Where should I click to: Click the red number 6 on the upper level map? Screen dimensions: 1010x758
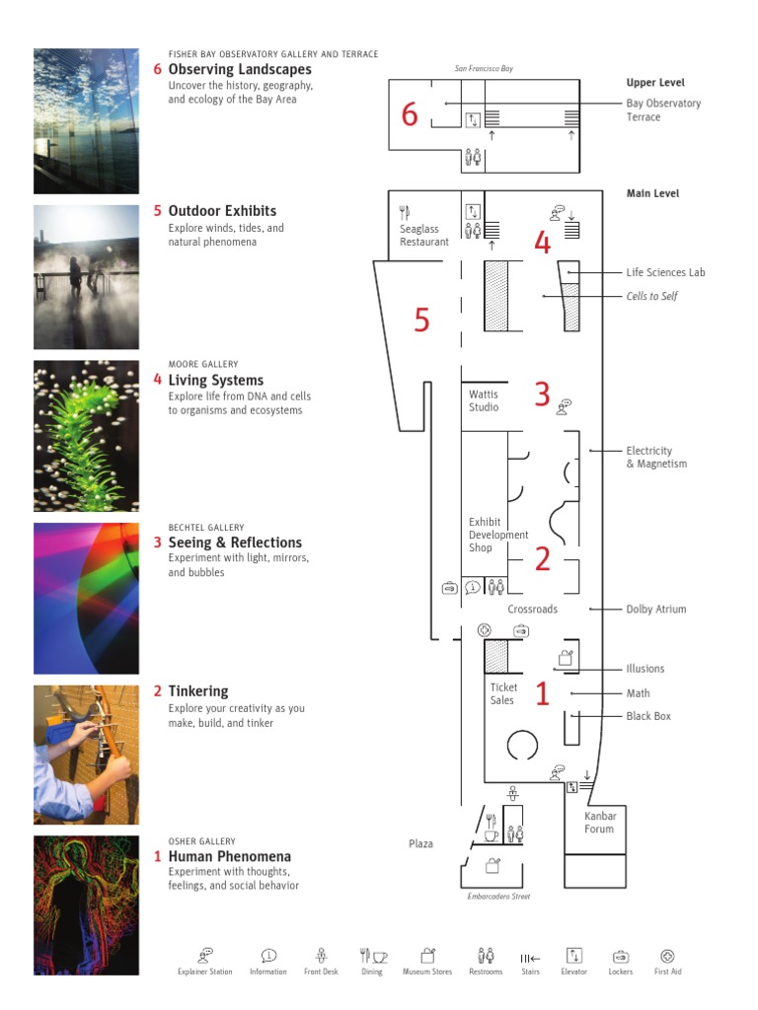point(410,115)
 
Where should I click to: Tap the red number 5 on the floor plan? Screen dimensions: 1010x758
point(421,321)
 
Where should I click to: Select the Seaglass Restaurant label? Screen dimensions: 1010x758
point(423,236)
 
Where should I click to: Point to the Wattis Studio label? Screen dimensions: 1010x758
point(484,400)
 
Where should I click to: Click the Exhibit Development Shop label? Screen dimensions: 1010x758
point(497,535)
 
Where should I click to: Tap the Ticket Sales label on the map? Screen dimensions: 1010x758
point(502,693)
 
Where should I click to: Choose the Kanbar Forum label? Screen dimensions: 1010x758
point(599,823)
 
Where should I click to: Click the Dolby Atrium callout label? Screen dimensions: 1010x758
point(655,610)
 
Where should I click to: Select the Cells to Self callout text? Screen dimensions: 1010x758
point(651,296)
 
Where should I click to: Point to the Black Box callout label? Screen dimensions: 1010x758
point(647,716)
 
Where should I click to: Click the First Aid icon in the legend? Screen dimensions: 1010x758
point(667,956)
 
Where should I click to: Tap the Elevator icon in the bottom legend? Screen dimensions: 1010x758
point(574,956)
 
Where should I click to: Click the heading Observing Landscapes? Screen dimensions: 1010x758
point(240,70)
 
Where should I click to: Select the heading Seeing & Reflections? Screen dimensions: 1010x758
point(235,542)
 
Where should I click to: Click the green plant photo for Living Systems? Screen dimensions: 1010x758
point(86,436)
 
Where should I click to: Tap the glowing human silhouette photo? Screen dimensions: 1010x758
point(86,905)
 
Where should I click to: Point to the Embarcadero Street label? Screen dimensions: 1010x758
point(498,897)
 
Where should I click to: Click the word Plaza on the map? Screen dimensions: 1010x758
point(421,844)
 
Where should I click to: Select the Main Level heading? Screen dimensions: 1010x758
point(652,193)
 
